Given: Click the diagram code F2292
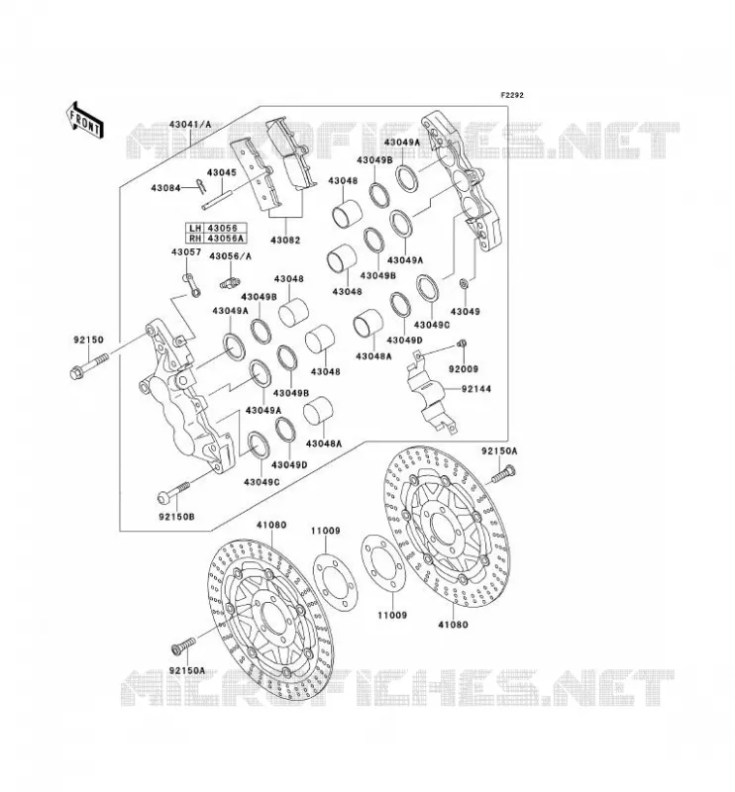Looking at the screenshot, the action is [x=512, y=95].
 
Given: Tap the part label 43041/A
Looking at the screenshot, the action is [x=189, y=125].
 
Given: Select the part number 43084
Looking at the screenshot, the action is [x=165, y=188].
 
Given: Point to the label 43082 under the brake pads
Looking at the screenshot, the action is [x=285, y=241].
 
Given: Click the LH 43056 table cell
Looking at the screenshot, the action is [x=215, y=229].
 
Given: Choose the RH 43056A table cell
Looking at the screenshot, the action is [x=215, y=238].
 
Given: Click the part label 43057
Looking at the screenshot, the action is [x=185, y=252].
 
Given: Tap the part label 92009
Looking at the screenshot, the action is [x=464, y=369].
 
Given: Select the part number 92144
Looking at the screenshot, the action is [x=475, y=389].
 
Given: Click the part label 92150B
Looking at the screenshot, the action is [x=176, y=517].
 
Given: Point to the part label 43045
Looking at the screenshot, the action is [x=221, y=172].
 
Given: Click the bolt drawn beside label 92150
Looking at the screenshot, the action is [x=88, y=366].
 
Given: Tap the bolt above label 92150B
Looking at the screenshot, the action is [x=174, y=491].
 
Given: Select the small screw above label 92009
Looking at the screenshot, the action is [x=461, y=344].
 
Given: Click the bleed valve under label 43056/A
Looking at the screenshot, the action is [x=231, y=283].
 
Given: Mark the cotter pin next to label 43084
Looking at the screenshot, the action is [x=201, y=186].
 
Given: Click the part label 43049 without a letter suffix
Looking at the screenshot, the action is [x=465, y=312].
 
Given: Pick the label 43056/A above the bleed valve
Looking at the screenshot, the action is [x=230, y=256].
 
